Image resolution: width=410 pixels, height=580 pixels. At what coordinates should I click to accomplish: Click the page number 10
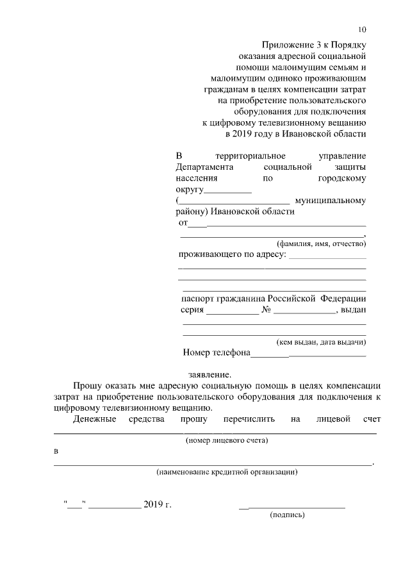362,29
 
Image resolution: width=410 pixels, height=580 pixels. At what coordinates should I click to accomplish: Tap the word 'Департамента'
204,167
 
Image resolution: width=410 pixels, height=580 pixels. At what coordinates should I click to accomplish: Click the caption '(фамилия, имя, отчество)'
321,244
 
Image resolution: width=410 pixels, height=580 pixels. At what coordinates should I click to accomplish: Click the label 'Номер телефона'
216,352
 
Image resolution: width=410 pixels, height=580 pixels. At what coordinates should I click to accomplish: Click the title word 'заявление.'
209,374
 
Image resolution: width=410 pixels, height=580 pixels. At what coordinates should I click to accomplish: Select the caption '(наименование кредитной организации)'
227,472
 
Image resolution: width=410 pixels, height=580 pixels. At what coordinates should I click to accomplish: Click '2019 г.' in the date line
158,504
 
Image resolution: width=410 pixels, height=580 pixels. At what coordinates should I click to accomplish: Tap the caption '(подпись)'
288,515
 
